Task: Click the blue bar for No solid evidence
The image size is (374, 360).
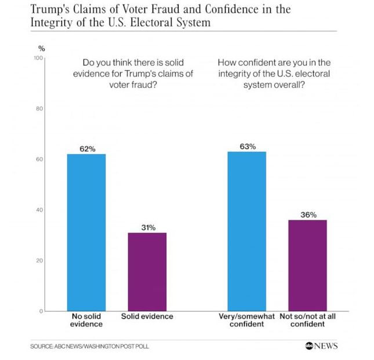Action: coord(86,232)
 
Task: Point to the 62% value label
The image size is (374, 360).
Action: coord(87,149)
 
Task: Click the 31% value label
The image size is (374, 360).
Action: coord(147,228)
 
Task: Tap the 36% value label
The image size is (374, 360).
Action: coord(308,215)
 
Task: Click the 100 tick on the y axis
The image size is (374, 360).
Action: coord(38,59)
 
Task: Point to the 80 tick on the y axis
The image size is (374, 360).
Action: coord(39,109)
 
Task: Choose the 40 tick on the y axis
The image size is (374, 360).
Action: coord(39,210)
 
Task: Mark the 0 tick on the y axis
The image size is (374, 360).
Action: coord(41,311)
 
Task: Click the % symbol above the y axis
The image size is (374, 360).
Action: coord(41,49)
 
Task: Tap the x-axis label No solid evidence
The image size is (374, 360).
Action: coord(86,321)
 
